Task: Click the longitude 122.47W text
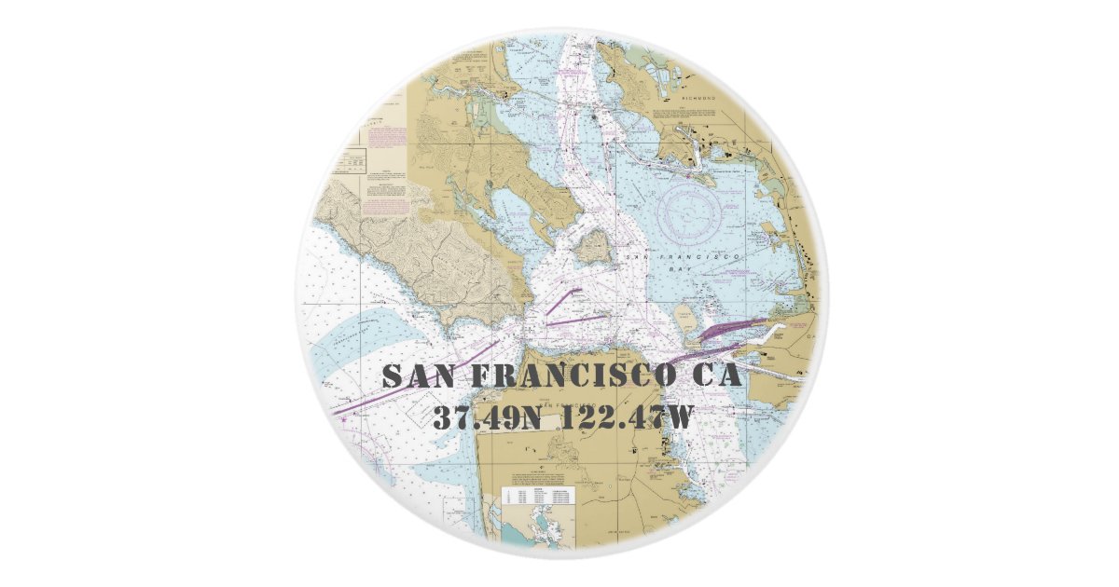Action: tap(627, 416)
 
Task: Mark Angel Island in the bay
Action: tap(593, 247)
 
